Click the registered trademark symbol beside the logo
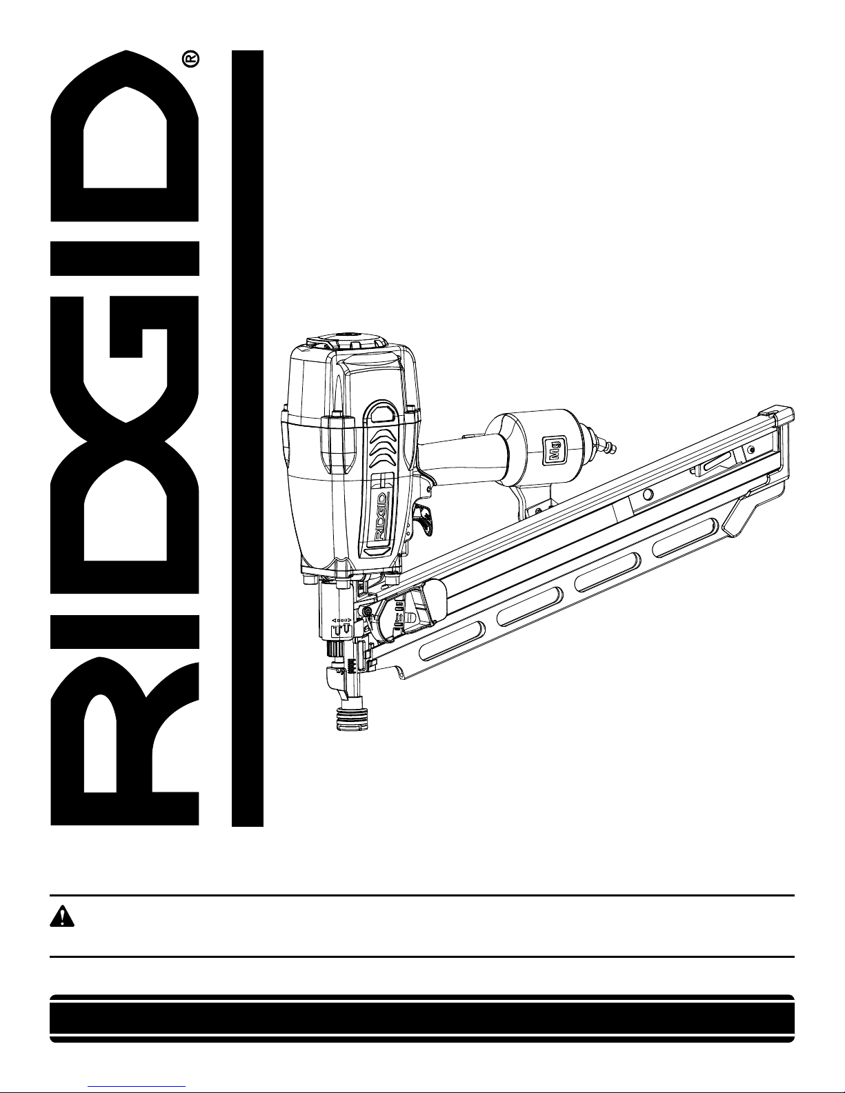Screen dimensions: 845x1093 191,59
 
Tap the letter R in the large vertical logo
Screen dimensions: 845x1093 125,743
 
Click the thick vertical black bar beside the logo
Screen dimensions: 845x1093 248,438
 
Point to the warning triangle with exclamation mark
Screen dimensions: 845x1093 62,916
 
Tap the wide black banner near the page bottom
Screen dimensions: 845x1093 422,1018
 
